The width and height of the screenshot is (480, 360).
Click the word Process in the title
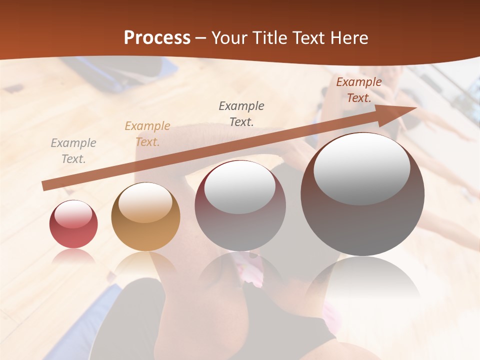pos(157,38)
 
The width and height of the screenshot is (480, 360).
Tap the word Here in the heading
pos(346,38)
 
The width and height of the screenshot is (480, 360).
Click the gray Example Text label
pos(73,151)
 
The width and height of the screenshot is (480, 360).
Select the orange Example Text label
pos(147,134)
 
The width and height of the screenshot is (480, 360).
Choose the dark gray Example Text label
pos(241,113)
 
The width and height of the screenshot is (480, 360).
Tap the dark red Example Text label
pos(359,90)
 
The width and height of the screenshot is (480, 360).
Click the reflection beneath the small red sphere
pos(73,256)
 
